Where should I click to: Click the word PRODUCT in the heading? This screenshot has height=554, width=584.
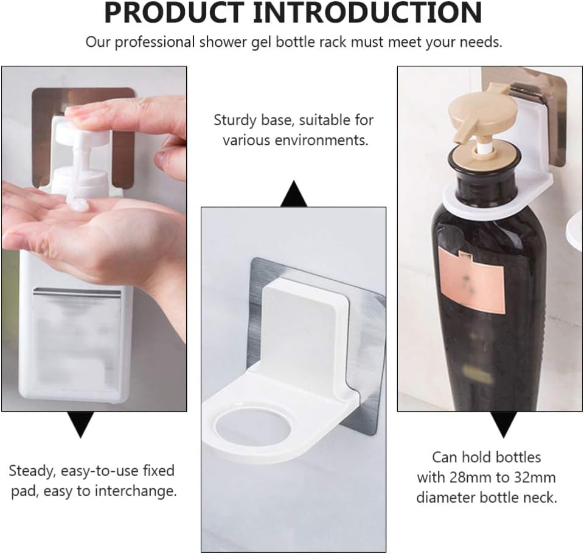pos(174,13)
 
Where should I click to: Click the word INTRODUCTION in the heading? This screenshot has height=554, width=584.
pos(367,13)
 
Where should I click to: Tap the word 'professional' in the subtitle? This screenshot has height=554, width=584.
pos(155,43)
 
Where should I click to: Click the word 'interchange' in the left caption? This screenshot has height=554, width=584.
pos(135,491)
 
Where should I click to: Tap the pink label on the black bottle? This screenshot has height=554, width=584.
pos(471,282)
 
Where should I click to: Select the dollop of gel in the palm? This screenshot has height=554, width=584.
pos(78,204)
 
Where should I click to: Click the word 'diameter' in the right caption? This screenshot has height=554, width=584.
pos(444,498)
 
